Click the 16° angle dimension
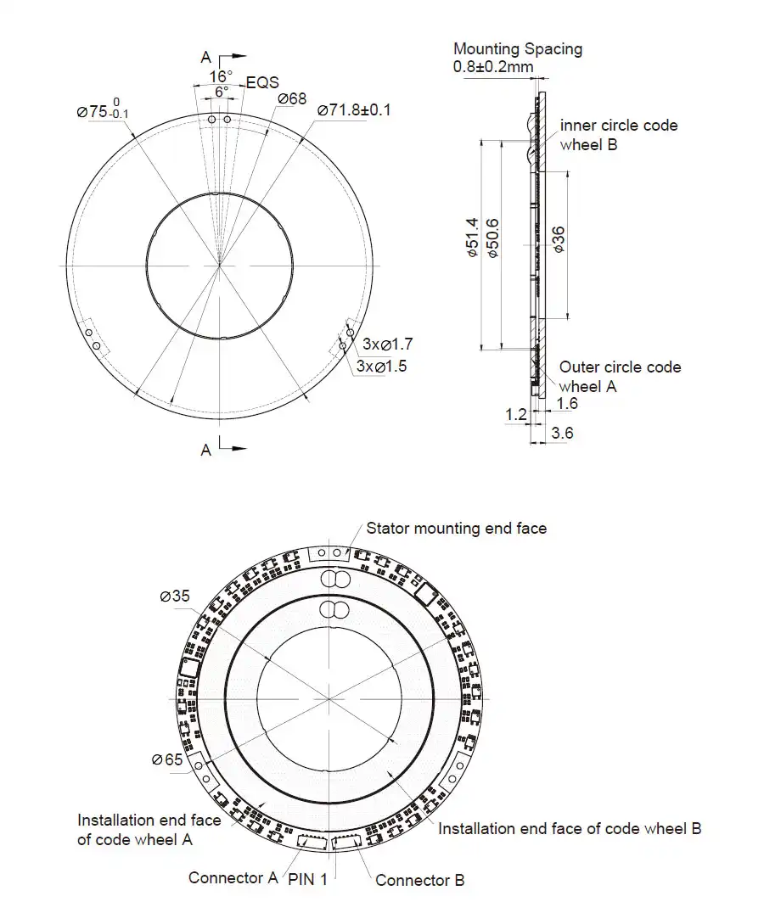(x=221, y=76)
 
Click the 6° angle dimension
(x=221, y=91)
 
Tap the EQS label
(x=262, y=83)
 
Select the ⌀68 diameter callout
(x=292, y=99)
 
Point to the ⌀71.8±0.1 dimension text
(x=354, y=110)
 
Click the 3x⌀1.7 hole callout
(x=387, y=344)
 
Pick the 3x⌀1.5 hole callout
(x=381, y=366)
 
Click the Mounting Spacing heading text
(x=518, y=48)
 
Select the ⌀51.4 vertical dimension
(x=473, y=238)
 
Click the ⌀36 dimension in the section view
(x=559, y=239)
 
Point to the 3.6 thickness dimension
(x=562, y=433)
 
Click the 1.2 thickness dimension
(x=515, y=414)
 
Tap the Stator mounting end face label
(x=456, y=529)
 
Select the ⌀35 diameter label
(x=175, y=596)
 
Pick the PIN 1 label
(x=307, y=879)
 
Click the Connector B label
(x=419, y=880)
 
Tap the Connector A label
(x=233, y=877)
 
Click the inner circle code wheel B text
(x=618, y=134)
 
